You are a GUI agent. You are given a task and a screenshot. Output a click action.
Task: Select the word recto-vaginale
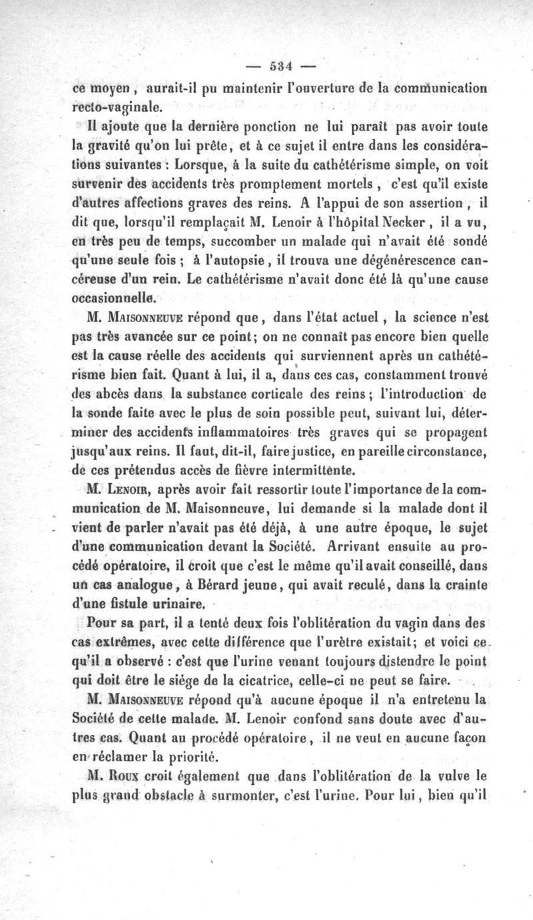pyautogui.click(x=115, y=105)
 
